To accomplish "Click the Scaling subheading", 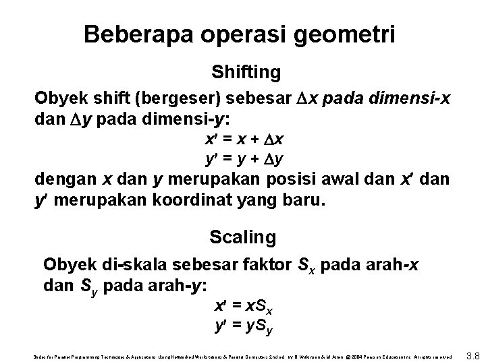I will point(243,237).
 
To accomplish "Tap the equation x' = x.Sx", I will point(244,307).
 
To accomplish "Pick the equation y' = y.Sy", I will point(244,327).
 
